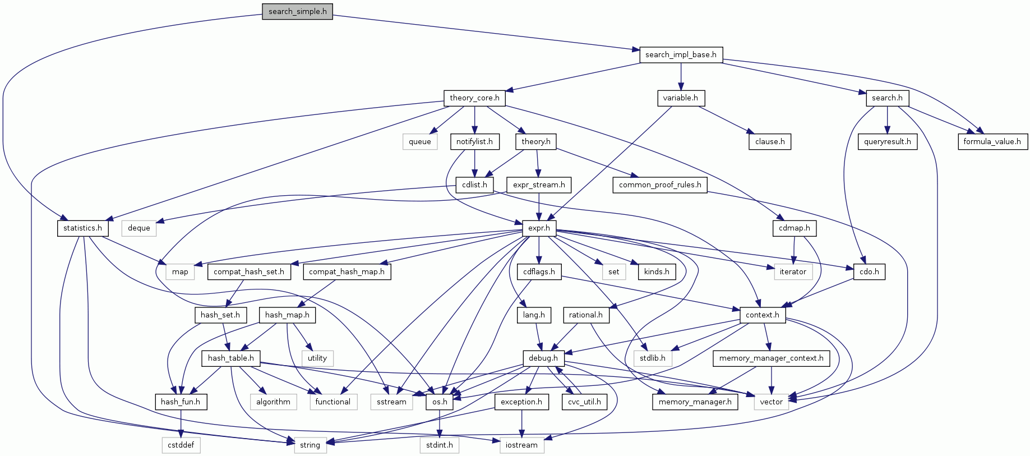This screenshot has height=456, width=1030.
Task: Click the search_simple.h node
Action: [x=297, y=11]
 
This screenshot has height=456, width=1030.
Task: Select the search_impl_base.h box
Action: [x=681, y=54]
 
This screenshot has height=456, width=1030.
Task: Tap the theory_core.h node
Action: [x=474, y=98]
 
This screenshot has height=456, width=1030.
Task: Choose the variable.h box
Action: [x=680, y=98]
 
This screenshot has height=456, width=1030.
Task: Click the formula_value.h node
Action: [x=992, y=141]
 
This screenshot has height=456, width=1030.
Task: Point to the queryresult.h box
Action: [x=887, y=141]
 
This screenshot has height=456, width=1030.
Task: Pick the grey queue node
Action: [x=419, y=141]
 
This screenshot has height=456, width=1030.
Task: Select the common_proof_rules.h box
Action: [x=660, y=185]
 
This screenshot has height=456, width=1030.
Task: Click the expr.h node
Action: [x=539, y=228]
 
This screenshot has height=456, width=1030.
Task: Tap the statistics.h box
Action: [x=82, y=228]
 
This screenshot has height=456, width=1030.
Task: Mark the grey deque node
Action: [x=139, y=228]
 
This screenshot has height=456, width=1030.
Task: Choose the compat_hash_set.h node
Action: [x=249, y=271]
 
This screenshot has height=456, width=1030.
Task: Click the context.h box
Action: [x=763, y=315]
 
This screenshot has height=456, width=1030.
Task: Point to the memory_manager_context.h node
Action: [x=771, y=358]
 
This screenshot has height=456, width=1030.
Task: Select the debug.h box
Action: [x=543, y=358]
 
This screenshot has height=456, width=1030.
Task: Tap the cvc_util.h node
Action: [x=584, y=402]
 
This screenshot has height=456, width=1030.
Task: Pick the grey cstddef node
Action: [x=181, y=445]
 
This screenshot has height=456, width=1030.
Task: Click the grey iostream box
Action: [x=521, y=445]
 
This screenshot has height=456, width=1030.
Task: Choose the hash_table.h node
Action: [x=230, y=358]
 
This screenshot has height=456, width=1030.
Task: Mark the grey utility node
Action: [x=317, y=358]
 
